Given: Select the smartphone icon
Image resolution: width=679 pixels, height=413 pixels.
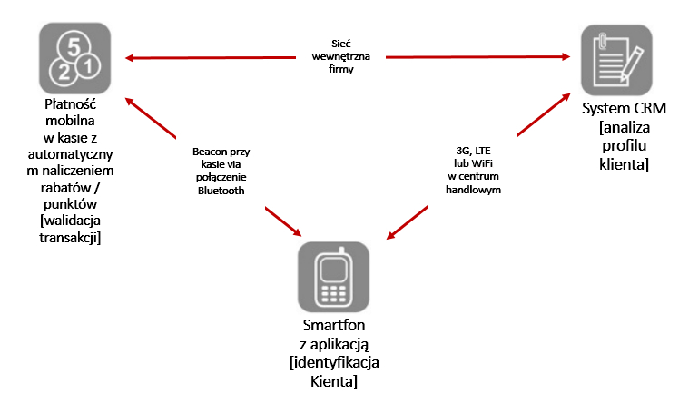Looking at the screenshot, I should (x=335, y=279).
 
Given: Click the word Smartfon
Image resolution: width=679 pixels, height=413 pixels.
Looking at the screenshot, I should (x=335, y=326).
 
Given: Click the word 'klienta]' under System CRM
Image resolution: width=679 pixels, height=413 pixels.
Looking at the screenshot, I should (x=624, y=165).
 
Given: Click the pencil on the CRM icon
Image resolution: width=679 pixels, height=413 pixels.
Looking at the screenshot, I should (x=634, y=64).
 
